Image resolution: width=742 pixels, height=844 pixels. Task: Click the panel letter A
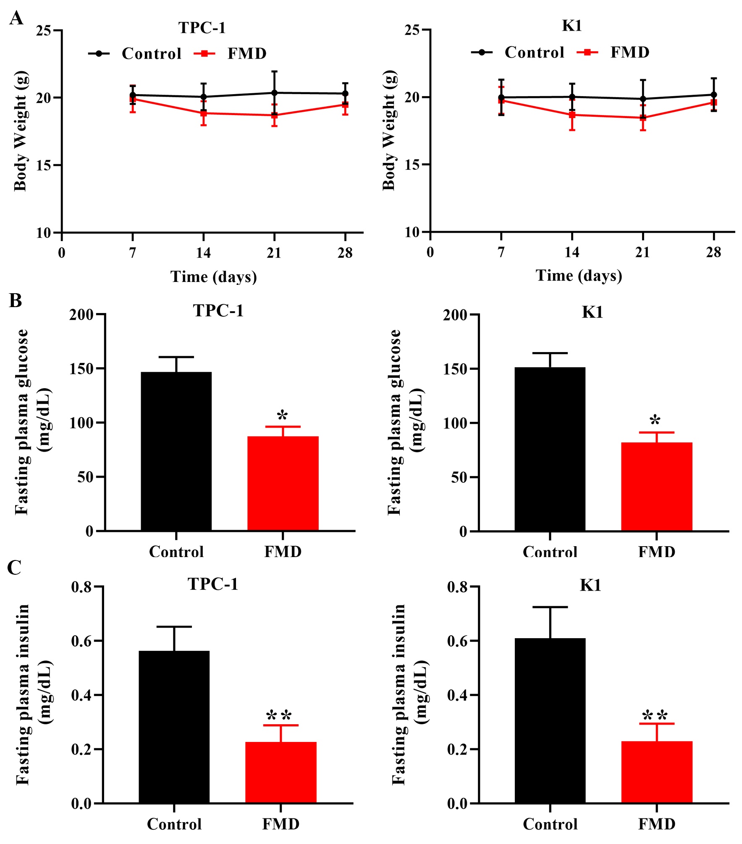(16, 18)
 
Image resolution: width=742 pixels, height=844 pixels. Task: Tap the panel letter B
(16, 301)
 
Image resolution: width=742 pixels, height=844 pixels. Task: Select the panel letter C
(15, 568)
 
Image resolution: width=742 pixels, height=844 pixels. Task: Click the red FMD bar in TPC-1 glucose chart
(283, 484)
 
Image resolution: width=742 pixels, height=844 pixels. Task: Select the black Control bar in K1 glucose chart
(550, 449)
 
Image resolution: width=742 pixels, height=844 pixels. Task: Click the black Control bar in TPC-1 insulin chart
(174, 727)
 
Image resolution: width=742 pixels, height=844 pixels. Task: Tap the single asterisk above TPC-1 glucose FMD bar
(282, 416)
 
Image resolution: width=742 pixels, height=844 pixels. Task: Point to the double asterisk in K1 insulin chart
(655, 715)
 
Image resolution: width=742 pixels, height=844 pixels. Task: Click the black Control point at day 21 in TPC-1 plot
(274, 93)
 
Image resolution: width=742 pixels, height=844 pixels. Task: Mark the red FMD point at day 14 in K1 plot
(572, 115)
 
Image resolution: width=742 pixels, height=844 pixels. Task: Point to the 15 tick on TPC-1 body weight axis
(43, 165)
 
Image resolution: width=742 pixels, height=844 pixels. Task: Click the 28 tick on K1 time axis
(713, 252)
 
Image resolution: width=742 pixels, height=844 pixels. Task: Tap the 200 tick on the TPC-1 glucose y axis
(81, 314)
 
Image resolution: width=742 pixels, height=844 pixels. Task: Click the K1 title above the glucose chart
(592, 312)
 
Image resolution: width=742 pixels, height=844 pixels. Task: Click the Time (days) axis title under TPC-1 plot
(213, 277)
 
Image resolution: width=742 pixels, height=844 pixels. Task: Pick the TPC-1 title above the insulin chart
(213, 584)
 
